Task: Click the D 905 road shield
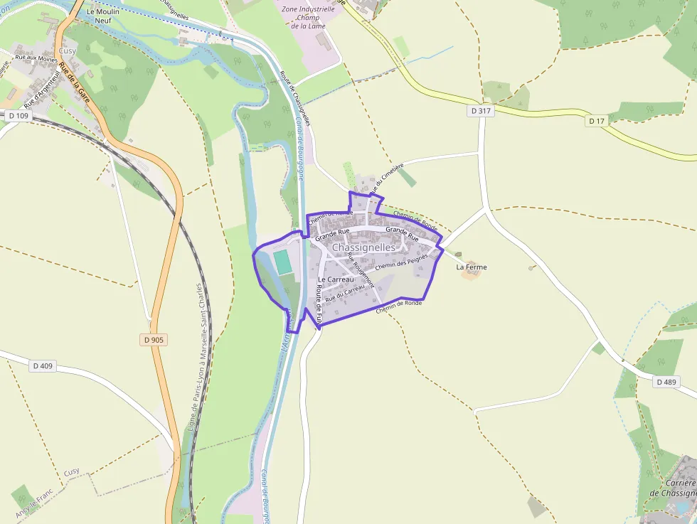click(154, 340)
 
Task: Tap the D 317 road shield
click(481, 111)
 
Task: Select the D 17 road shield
click(596, 121)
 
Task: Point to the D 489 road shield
click(666, 382)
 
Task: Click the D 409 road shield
click(43, 366)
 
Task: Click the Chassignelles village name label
click(363, 247)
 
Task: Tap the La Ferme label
click(472, 267)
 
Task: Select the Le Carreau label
click(336, 279)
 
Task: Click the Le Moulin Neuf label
click(102, 16)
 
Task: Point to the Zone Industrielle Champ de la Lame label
click(309, 17)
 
